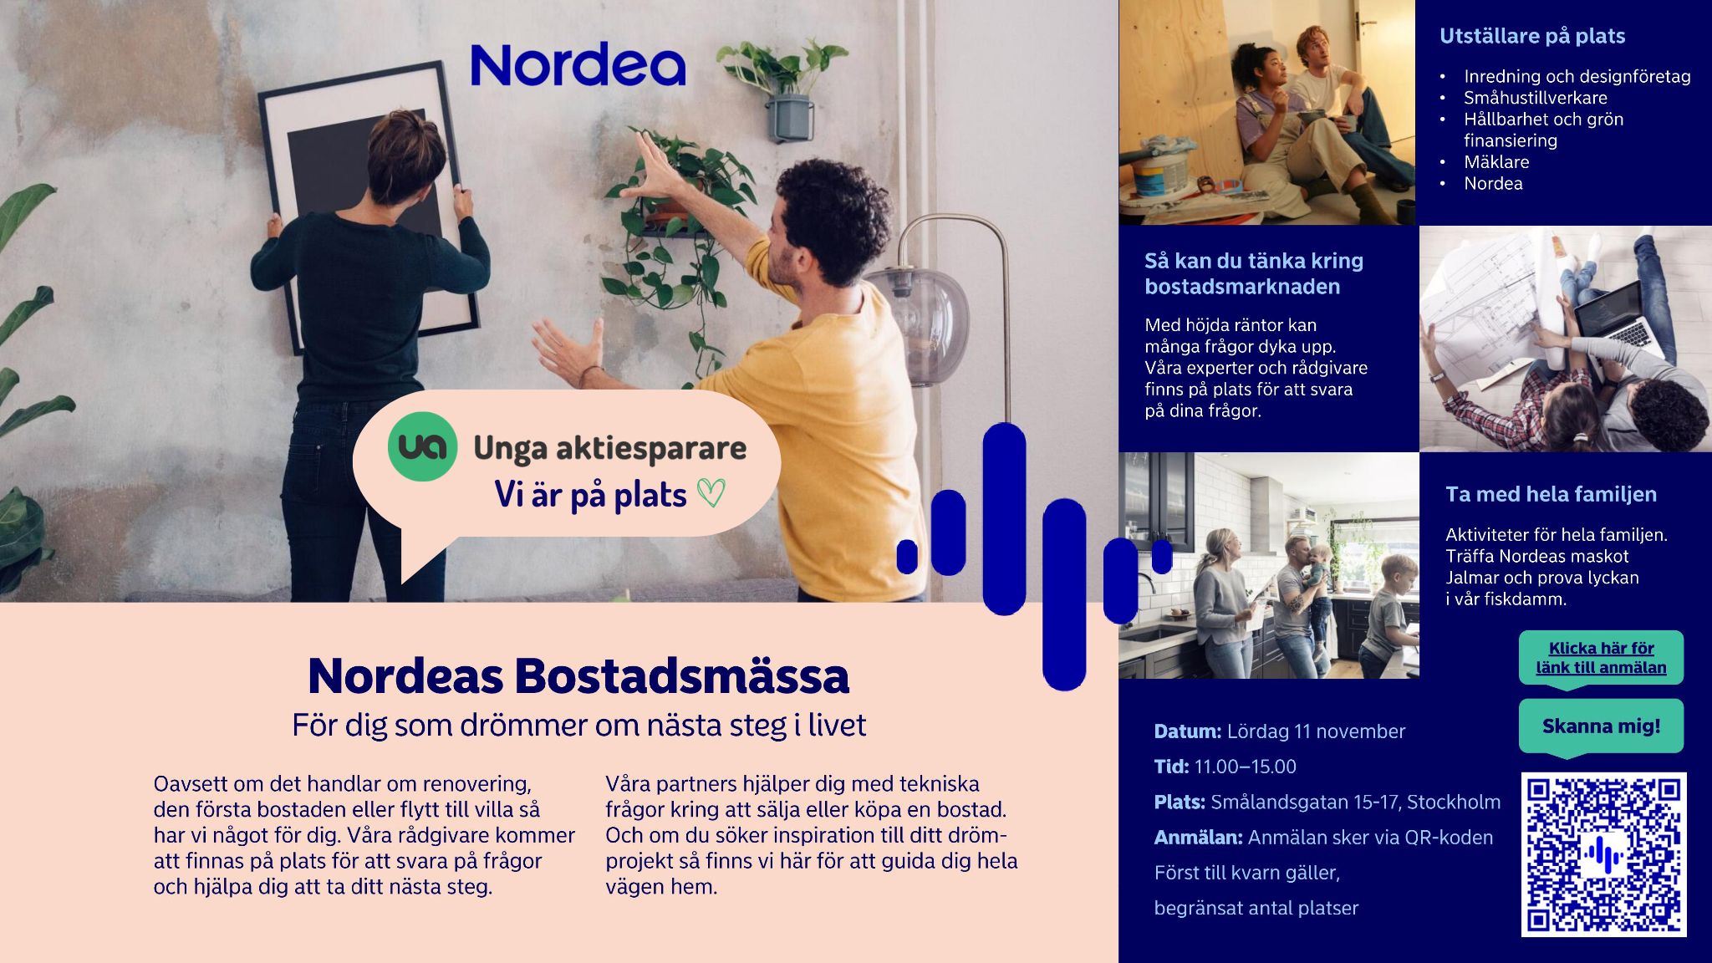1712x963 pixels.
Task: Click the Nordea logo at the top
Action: (578, 65)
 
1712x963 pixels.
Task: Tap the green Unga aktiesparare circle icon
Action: (423, 446)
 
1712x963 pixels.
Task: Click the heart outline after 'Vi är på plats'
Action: (711, 493)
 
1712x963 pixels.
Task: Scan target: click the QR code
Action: (1603, 854)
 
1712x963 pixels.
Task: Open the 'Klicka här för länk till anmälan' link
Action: (1601, 658)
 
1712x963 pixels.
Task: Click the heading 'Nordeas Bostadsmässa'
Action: (578, 675)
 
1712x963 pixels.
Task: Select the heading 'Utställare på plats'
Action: (1532, 36)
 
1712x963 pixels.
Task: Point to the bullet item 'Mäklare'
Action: (1496, 162)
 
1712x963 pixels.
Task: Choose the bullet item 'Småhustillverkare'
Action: (1535, 98)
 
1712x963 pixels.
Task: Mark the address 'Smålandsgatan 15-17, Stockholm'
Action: (1355, 802)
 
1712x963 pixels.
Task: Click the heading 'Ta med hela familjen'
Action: (1551, 494)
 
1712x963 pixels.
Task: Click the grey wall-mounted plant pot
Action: (790, 117)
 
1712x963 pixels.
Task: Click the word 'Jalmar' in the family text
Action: (1471, 578)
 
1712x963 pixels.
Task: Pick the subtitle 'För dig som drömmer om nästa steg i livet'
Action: (578, 725)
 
